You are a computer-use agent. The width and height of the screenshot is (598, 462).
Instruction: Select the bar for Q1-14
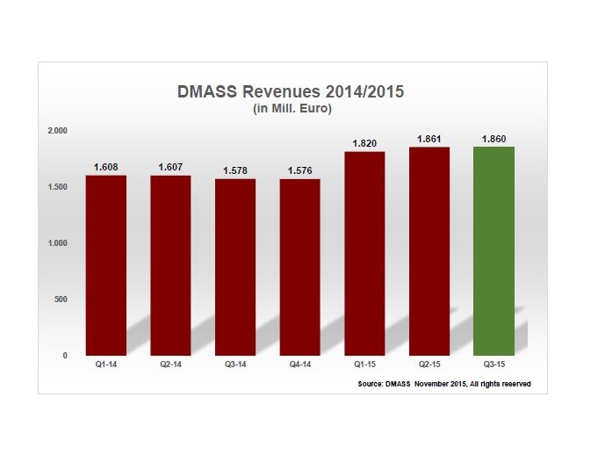106,265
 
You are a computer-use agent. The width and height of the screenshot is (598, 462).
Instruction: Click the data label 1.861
429,140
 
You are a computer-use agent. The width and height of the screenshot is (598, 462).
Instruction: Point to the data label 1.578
235,172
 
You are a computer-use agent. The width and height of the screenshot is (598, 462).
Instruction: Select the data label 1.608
106,166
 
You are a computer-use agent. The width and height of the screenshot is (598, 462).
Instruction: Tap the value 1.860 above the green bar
494,140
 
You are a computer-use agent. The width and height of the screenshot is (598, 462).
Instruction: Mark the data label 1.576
300,172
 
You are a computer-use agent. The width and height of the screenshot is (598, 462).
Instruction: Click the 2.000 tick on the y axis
57,130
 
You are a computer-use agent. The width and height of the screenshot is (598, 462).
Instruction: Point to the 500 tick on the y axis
61,300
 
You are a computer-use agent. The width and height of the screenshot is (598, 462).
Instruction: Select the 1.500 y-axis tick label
57,186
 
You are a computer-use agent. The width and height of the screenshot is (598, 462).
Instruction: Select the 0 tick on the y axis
65,356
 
